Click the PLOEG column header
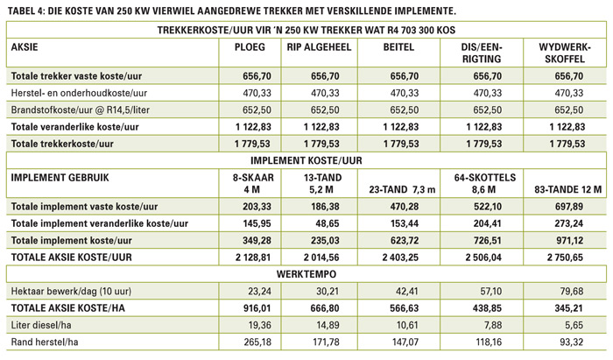click(250, 47)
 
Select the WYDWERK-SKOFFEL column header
click(565, 53)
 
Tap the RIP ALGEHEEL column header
click(319, 47)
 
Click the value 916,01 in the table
click(257, 308)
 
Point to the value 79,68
click(571, 291)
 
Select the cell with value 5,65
click(574, 325)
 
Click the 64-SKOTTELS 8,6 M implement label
click(485, 183)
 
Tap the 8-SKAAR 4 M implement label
click(253, 183)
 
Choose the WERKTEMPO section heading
click(306, 274)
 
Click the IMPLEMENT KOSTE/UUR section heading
click(306, 160)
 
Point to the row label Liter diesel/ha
click(41, 325)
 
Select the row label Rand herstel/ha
click(45, 342)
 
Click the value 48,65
click(328, 223)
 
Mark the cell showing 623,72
click(405, 240)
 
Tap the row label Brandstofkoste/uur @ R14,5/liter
click(81, 109)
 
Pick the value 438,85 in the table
click(487, 308)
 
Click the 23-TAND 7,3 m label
click(402, 189)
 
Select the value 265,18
click(257, 342)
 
